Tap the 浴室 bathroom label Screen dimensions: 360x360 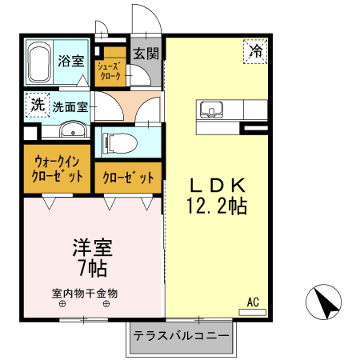(72, 59)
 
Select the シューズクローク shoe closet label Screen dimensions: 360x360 (110, 71)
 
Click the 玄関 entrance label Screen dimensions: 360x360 (146, 54)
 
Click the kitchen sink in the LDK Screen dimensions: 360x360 (211, 109)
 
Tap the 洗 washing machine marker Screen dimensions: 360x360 (36, 104)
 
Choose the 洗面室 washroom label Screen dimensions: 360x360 (70, 106)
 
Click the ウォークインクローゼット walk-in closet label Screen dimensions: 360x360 (56, 169)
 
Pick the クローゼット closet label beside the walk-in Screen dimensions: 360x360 (128, 178)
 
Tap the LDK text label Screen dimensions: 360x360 (215, 182)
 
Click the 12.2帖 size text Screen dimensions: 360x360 (216, 206)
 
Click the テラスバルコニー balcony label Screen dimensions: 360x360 (182, 335)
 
